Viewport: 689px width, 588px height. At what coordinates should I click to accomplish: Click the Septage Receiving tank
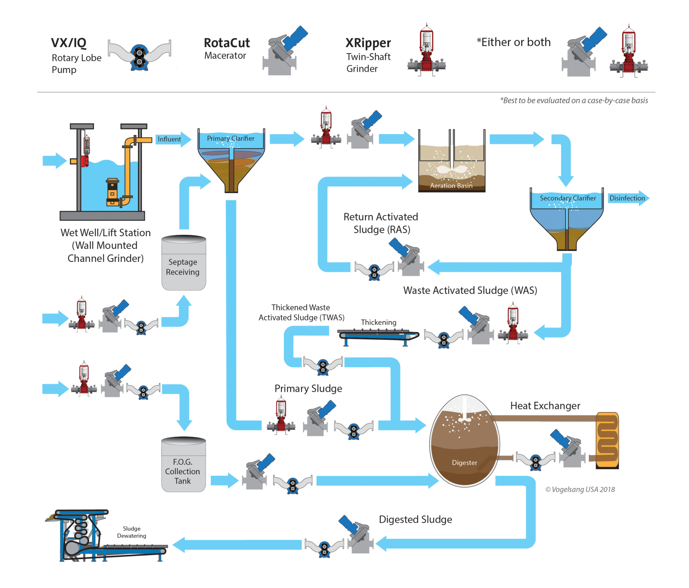[183, 263]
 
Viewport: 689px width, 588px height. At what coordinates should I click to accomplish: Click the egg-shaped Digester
[464, 441]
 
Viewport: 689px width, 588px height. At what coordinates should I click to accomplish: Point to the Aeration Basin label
[451, 185]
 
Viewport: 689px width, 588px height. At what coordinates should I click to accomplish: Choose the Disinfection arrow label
[627, 198]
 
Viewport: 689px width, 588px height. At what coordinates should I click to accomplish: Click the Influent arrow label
[170, 139]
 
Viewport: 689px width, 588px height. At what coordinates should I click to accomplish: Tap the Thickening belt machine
[378, 335]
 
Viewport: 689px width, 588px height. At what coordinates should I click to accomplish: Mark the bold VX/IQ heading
[69, 43]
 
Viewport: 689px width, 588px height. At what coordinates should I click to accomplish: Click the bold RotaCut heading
[227, 43]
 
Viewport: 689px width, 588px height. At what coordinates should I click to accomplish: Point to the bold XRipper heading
[368, 43]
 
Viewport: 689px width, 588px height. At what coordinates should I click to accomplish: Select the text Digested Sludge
[415, 519]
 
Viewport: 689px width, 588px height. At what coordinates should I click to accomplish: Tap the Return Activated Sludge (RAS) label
[380, 223]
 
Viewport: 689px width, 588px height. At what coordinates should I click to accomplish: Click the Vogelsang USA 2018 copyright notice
[580, 489]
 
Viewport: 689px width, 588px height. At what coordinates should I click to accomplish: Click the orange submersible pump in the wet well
[113, 192]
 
